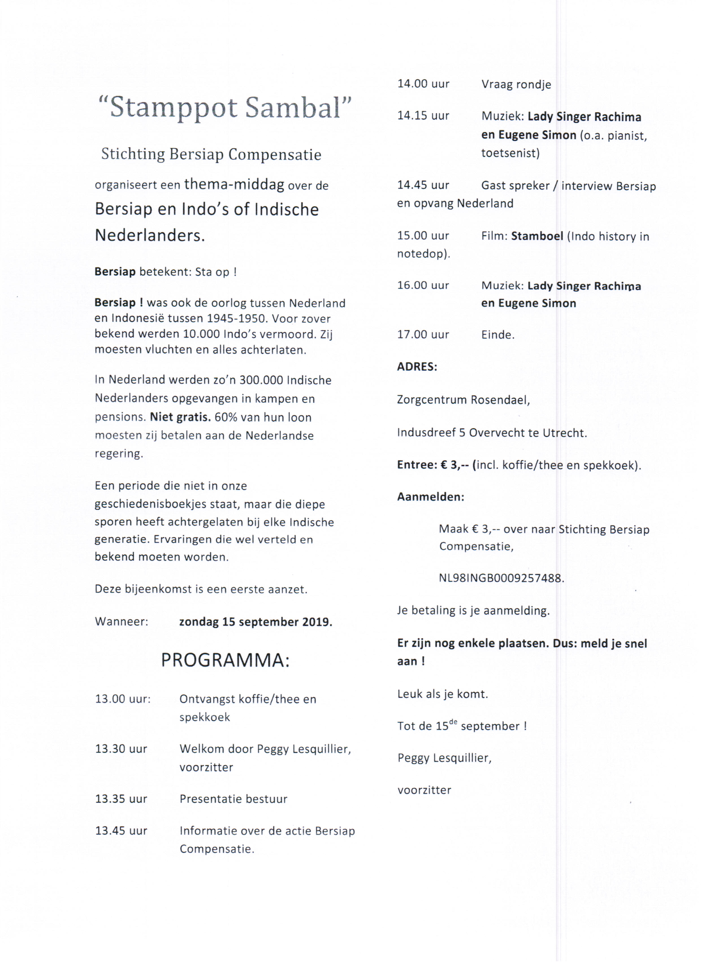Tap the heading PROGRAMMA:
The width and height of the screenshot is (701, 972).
tap(225, 660)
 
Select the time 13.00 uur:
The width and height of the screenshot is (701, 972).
tap(123, 699)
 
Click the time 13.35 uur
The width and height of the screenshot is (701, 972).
tap(121, 799)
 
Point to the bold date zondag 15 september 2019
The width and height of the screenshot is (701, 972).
tap(255, 622)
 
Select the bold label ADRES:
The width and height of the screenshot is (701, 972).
tap(417, 367)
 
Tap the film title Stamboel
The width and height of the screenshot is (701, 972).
tap(537, 236)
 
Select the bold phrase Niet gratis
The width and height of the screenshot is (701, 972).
tap(180, 417)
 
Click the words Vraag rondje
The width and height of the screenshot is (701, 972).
tap(516, 85)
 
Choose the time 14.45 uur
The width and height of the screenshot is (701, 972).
tap(423, 185)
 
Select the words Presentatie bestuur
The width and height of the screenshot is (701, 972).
tap(233, 799)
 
